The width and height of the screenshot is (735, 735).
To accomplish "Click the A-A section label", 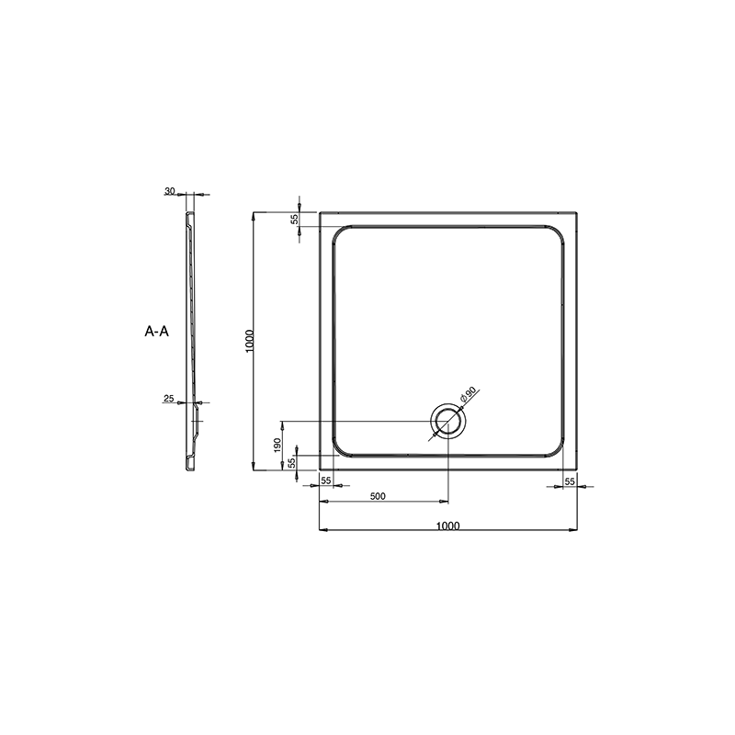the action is (x=156, y=332).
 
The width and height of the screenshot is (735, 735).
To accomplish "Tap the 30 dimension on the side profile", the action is (x=170, y=191).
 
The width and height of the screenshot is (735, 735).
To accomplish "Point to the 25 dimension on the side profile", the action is (x=169, y=399).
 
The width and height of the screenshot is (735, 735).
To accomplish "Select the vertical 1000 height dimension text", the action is (x=249, y=341).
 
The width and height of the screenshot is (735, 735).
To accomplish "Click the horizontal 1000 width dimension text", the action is (x=448, y=526).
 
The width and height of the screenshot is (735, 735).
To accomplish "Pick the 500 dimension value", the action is (x=378, y=496).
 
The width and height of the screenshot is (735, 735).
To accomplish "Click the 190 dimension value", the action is (x=277, y=445).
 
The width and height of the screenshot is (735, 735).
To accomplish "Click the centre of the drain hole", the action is (x=448, y=422).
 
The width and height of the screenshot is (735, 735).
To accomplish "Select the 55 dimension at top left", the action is (x=294, y=219).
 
